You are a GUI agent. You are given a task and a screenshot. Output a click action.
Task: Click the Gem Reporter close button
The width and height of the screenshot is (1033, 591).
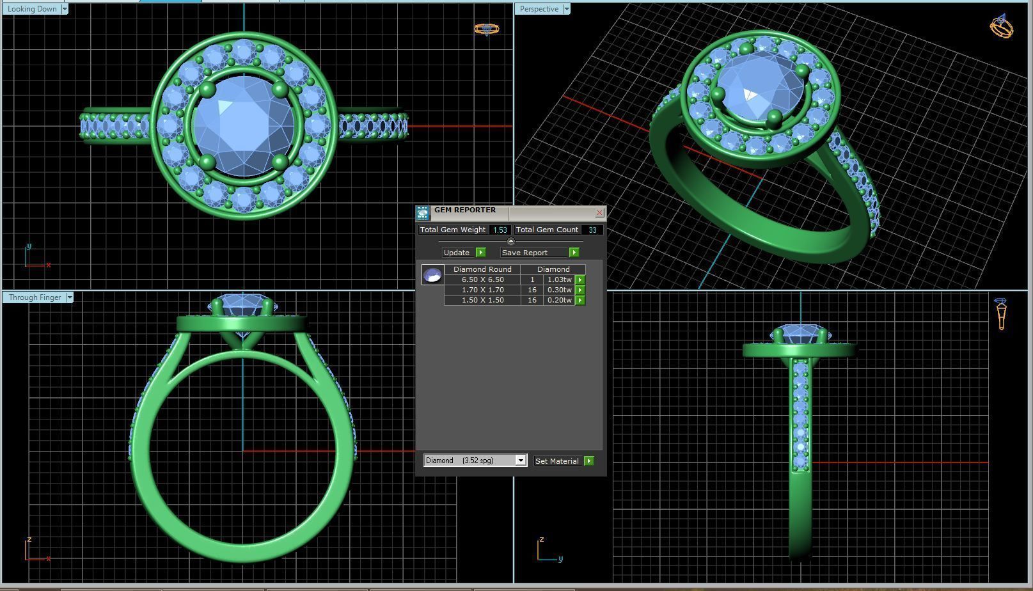pyautogui.click(x=599, y=212)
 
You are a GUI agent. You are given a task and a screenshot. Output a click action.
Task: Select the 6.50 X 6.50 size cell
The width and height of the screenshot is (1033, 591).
pyautogui.click(x=482, y=280)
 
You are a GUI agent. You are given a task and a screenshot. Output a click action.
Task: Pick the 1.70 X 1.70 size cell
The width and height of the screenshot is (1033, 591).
pyautogui.click(x=482, y=290)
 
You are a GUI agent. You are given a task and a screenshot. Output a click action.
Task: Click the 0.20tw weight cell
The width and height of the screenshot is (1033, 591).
pyautogui.click(x=559, y=300)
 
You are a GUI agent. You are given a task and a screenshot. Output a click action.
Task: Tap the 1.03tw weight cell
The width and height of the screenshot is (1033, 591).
pyautogui.click(x=559, y=280)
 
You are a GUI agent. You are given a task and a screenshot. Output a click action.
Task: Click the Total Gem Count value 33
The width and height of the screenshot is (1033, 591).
pyautogui.click(x=592, y=230)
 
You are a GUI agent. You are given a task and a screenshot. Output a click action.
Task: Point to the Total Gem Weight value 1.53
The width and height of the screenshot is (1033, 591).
pyautogui.click(x=500, y=230)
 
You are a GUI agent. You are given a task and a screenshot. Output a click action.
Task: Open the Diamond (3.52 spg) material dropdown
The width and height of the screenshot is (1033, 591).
pyautogui.click(x=521, y=461)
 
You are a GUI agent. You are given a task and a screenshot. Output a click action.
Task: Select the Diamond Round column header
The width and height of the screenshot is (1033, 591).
pyautogui.click(x=482, y=269)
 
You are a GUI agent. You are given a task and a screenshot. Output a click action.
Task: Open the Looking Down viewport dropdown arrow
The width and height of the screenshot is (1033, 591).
pyautogui.click(x=65, y=9)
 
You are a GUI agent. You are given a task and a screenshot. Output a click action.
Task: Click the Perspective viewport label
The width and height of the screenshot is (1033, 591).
pyautogui.click(x=539, y=9)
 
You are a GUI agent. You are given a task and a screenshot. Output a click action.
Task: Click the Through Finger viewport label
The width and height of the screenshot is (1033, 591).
pyautogui.click(x=35, y=297)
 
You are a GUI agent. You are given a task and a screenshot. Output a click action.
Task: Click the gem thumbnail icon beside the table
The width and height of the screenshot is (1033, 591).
pyautogui.click(x=432, y=275)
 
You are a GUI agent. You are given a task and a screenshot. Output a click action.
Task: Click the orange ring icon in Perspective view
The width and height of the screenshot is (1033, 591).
pyautogui.click(x=1001, y=27)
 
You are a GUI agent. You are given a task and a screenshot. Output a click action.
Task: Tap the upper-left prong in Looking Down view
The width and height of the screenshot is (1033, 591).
pyautogui.click(x=207, y=90)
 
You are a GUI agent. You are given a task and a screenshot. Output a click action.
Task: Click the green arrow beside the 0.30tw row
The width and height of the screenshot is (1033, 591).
pyautogui.click(x=580, y=290)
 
